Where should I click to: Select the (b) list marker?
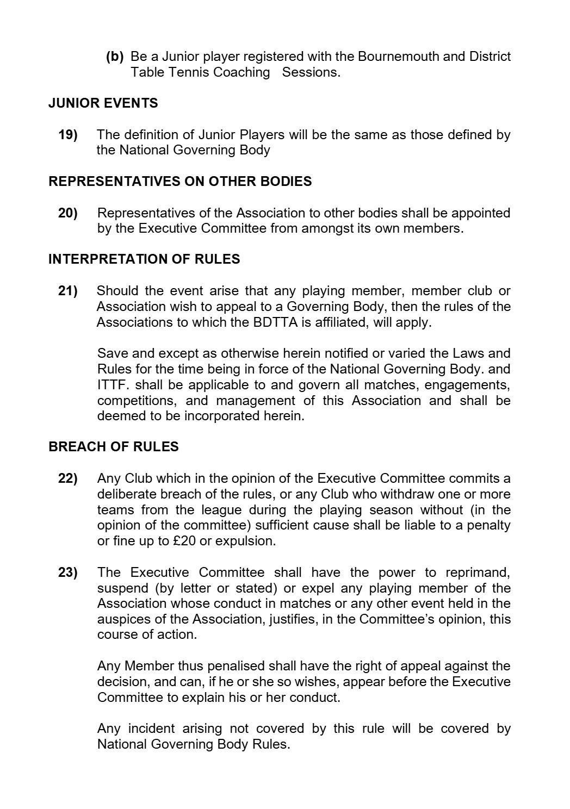(115, 57)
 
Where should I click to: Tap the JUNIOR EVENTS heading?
(103, 103)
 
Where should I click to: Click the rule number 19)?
(68, 134)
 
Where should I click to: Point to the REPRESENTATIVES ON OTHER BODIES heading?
(180, 182)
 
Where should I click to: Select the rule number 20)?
(68, 213)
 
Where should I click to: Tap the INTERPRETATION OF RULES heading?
(144, 259)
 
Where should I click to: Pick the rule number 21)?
(68, 291)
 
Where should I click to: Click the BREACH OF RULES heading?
(113, 447)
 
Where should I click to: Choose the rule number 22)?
(68, 478)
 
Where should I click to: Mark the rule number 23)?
(68, 572)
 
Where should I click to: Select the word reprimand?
(478, 572)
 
